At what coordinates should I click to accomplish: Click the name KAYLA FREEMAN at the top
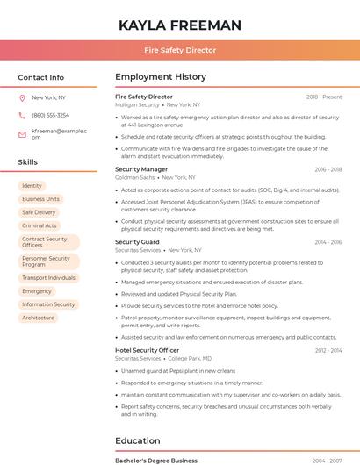tap(180, 25)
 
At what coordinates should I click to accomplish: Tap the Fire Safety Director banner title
tap(180, 50)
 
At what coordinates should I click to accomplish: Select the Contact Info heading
tap(40, 77)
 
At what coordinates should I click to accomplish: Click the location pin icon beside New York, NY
tap(22, 97)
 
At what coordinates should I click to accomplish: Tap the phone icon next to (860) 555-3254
tap(22, 115)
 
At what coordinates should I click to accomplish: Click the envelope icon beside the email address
tap(22, 134)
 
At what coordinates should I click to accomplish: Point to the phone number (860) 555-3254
tap(50, 115)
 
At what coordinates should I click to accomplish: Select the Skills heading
tap(27, 162)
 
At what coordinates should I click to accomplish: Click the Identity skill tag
tap(32, 186)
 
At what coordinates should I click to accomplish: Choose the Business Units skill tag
tap(40, 199)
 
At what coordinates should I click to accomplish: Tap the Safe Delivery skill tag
tap(39, 212)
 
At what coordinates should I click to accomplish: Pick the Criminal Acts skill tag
tap(40, 225)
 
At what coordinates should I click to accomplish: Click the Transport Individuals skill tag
tap(48, 278)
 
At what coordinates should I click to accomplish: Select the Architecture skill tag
tap(38, 318)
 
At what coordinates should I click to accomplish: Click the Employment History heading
tap(160, 77)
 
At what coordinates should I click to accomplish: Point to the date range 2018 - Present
tap(324, 97)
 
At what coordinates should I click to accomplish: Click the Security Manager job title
tap(140, 169)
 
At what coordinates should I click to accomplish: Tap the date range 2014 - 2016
tap(328, 242)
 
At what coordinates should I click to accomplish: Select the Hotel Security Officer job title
tap(147, 350)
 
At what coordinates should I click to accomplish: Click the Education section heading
tap(139, 440)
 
